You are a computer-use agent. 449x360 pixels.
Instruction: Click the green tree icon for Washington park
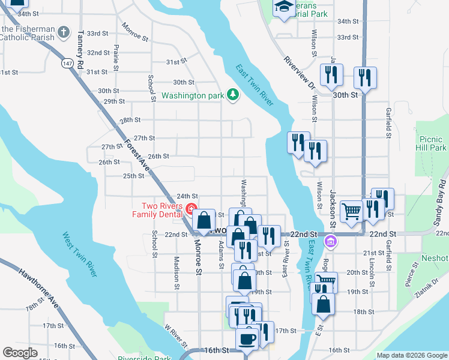tap(232, 95)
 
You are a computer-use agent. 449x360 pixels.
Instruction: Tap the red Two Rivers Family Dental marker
tap(191, 209)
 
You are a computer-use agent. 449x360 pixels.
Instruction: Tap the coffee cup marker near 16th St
tap(247, 339)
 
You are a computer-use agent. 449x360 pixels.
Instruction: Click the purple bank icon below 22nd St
tap(329, 242)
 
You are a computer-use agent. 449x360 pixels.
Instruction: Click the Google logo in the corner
tap(20, 352)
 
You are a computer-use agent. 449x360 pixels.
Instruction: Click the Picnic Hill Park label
tap(430, 143)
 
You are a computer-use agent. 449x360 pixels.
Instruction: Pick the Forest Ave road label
tap(136, 155)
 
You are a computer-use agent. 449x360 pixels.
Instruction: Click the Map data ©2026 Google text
tap(411, 355)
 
